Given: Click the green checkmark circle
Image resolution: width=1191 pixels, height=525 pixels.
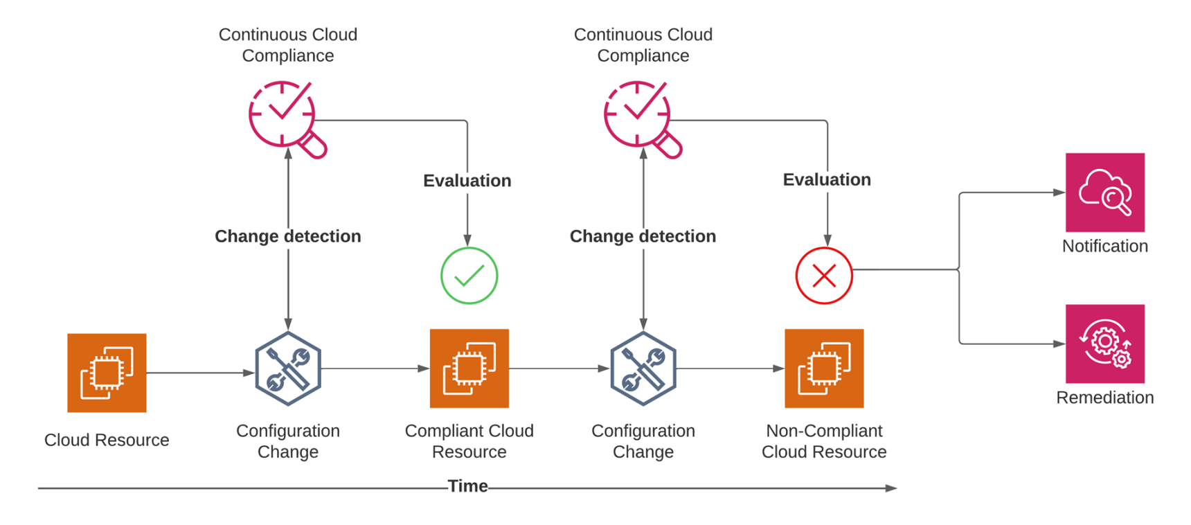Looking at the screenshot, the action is click(x=469, y=276).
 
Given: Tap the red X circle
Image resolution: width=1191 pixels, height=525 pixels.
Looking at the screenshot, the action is click(x=824, y=276).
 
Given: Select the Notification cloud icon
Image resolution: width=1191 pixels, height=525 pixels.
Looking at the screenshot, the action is click(x=1105, y=193).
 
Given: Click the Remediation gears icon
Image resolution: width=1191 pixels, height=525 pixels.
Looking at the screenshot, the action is click(x=1105, y=344).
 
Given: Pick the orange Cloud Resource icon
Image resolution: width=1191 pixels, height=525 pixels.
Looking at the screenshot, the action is click(x=107, y=373).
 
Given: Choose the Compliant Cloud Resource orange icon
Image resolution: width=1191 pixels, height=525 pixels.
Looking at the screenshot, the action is click(x=469, y=368).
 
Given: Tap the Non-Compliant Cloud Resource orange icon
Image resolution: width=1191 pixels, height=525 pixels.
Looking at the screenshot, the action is click(x=824, y=368).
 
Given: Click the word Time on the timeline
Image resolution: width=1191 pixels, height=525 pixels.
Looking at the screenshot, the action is click(x=467, y=486).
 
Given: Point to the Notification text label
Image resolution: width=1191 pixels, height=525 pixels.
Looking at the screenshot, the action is click(x=1105, y=246).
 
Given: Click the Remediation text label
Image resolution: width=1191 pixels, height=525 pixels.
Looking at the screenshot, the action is click(x=1105, y=398).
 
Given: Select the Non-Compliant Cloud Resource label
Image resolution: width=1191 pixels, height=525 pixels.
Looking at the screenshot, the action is click(x=824, y=441).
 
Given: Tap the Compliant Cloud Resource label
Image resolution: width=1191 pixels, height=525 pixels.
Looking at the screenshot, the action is click(x=469, y=441).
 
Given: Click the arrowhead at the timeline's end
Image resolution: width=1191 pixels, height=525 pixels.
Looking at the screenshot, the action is click(x=892, y=488).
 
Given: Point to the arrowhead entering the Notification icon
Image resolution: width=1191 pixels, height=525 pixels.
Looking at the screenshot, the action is click(x=1059, y=193).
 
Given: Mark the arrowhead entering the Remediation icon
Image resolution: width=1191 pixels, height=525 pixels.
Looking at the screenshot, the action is click(x=1059, y=344).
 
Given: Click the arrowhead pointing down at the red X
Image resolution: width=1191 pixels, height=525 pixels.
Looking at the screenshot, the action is click(x=827, y=241).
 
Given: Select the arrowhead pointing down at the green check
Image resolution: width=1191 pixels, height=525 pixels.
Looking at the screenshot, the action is click(x=467, y=241).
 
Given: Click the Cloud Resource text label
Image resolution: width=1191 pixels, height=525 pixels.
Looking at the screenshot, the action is click(x=107, y=440).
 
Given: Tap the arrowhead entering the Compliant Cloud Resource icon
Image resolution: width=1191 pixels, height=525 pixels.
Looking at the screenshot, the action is click(x=424, y=368).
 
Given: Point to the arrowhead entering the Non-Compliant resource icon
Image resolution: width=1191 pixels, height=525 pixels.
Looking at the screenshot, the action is click(x=778, y=368).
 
